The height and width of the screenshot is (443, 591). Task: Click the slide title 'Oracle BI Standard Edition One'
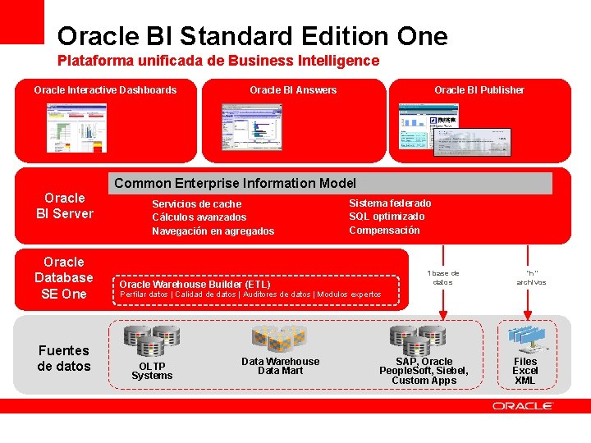pos(252,36)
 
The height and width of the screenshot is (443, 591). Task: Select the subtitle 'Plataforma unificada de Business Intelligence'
pos(218,61)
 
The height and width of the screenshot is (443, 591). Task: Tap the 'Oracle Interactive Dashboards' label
pos(105,90)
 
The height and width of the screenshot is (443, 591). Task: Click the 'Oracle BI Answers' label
pos(293,90)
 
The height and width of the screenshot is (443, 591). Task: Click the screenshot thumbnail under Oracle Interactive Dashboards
pos(76,127)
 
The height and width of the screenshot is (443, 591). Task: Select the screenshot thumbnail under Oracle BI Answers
pos(251,127)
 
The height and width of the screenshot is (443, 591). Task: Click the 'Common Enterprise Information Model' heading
pos(235,183)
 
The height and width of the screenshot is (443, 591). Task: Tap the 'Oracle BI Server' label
pos(65,206)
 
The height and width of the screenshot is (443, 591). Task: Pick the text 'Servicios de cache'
pos(197,204)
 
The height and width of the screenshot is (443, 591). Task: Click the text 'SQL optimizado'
pos(387,217)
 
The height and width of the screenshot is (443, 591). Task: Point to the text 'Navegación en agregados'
pos(213,231)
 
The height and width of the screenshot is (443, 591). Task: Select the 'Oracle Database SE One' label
pos(64,278)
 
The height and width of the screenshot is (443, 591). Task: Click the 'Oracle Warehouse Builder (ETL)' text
pos(195,284)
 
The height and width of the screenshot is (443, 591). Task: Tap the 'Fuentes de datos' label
pos(64,359)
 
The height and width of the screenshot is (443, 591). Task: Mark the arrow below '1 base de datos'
pos(444,304)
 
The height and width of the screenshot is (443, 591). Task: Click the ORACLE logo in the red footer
pos(523,406)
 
